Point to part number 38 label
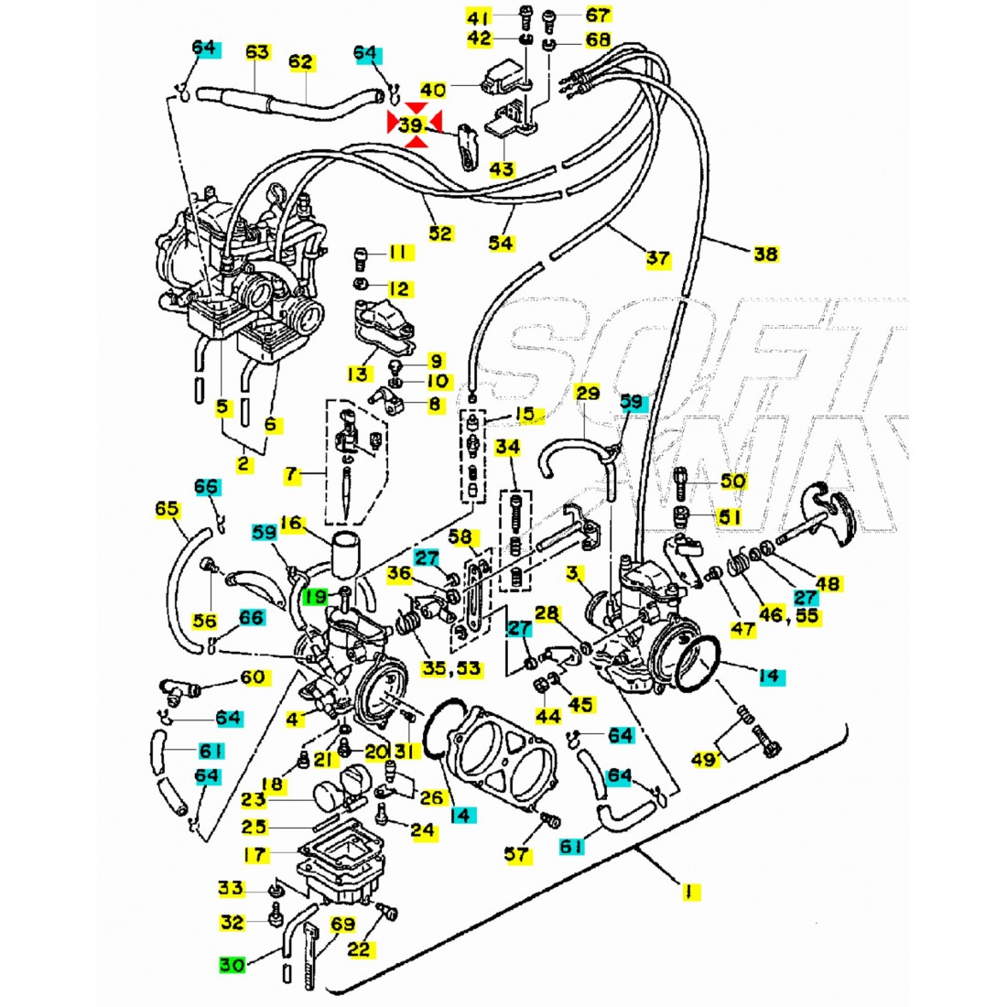tap(765, 254)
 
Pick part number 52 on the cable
tap(440, 233)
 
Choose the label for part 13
tap(357, 374)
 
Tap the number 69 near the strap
tap(342, 924)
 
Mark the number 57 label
tap(517, 854)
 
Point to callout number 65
tap(167, 508)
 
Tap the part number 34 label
tap(508, 448)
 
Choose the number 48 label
tap(827, 582)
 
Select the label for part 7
tap(292, 474)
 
